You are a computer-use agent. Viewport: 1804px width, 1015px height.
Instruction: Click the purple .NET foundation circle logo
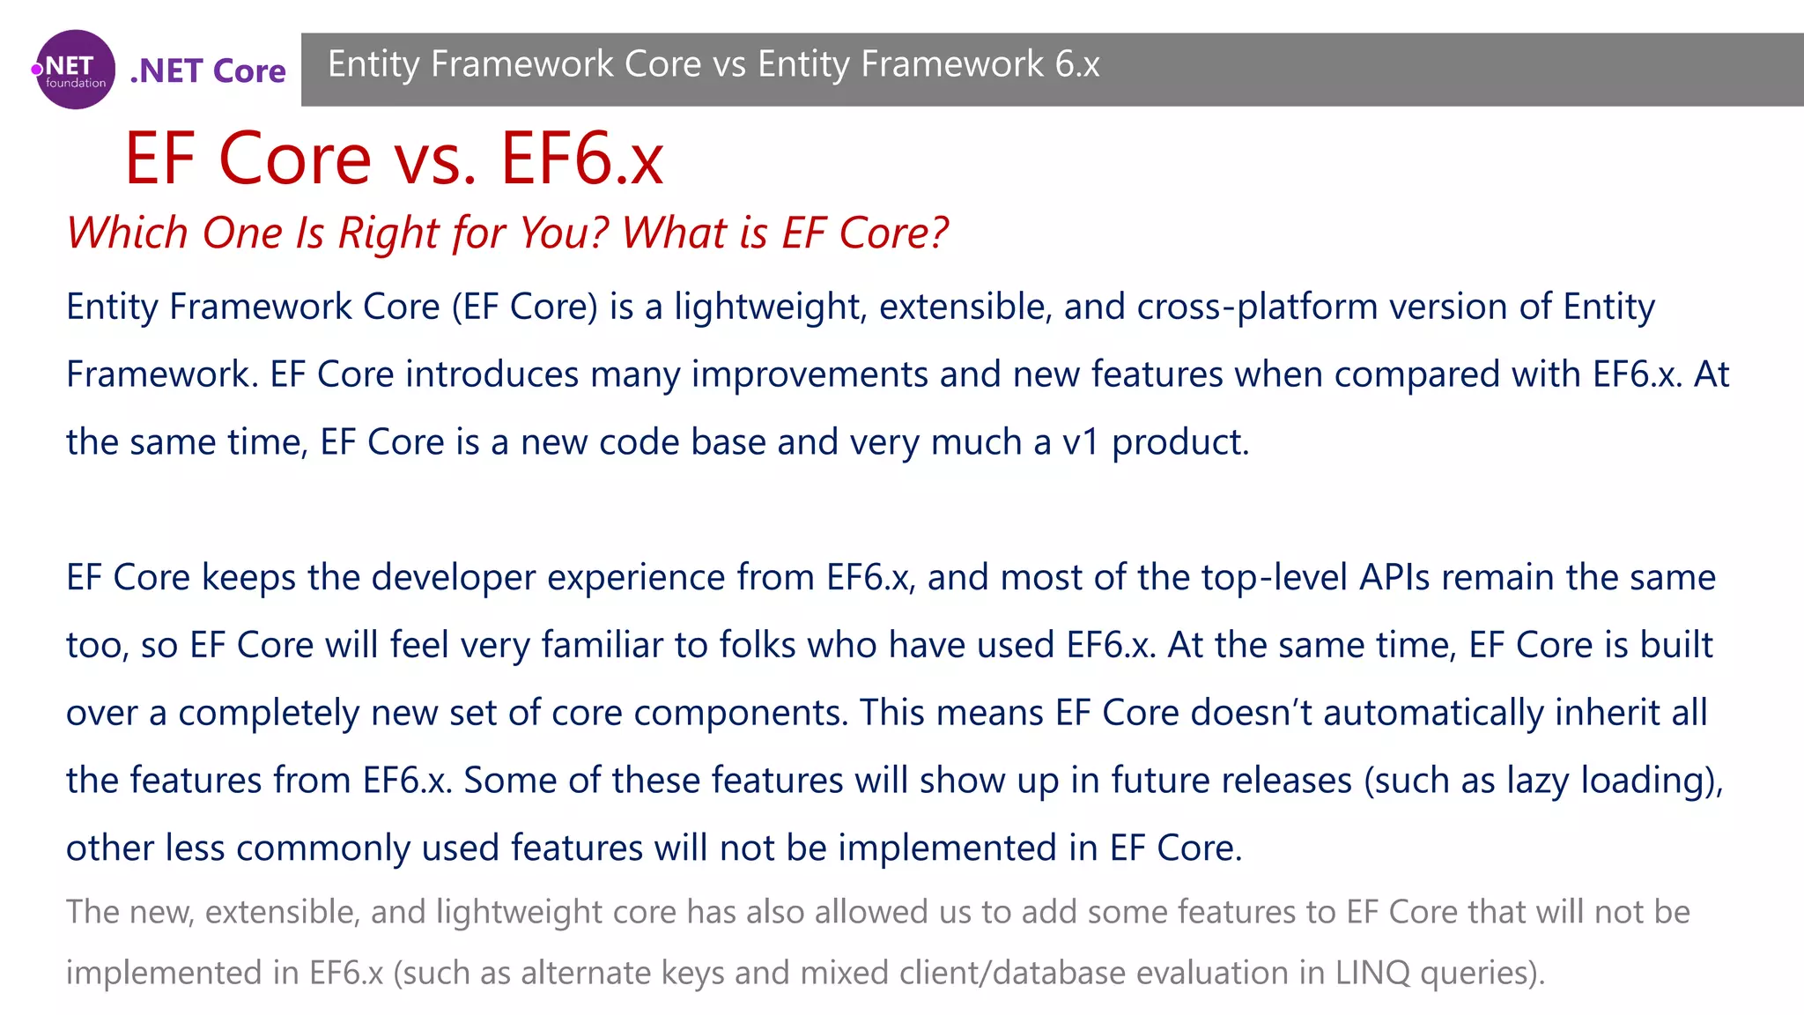tap(75, 70)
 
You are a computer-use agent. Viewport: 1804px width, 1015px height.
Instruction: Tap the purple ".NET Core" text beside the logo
tap(208, 70)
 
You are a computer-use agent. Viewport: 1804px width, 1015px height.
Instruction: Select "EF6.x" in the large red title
tap(582, 159)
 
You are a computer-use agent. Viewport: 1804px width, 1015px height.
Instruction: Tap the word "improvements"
tap(810, 374)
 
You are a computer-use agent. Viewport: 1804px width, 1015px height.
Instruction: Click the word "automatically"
tap(1433, 713)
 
